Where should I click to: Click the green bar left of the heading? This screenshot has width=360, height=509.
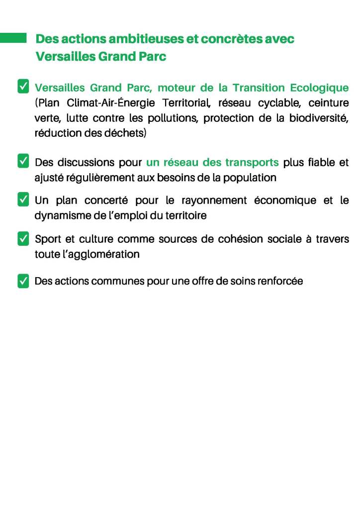click(x=13, y=38)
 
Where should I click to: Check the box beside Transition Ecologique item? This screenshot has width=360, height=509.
click(x=23, y=87)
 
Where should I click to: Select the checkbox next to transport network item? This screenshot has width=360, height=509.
click(x=23, y=162)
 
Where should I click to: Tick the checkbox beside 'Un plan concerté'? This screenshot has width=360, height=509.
click(x=23, y=200)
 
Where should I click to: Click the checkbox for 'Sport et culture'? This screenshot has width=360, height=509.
click(x=23, y=238)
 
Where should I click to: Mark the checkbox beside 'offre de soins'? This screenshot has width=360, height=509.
click(x=23, y=281)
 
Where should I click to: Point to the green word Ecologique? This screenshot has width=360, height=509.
click(x=319, y=88)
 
